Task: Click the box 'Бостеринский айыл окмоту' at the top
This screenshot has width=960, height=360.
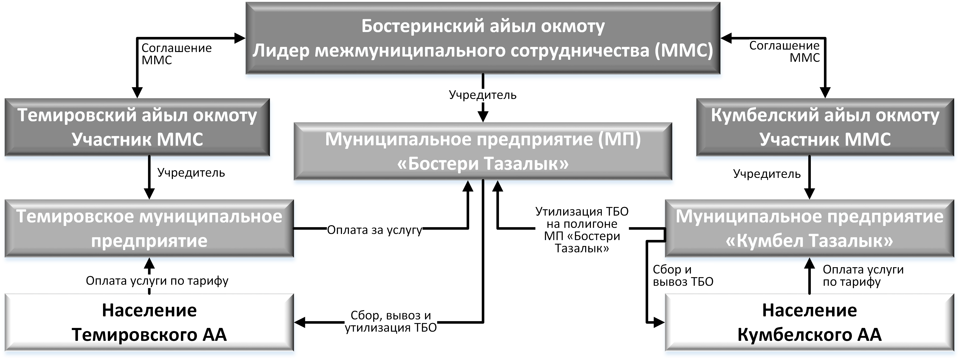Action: coord(483,38)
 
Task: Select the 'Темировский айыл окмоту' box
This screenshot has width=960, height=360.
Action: coord(137,127)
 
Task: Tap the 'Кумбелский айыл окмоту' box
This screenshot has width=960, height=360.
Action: coord(825,127)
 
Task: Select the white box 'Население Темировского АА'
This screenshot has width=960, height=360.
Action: coord(149,322)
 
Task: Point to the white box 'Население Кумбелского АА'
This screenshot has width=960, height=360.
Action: coord(809,322)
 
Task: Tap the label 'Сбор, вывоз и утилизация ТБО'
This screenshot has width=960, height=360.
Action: coord(391,322)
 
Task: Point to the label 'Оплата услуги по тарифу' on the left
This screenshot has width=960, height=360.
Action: coord(157,281)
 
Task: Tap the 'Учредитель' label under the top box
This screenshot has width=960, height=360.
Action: coord(483,95)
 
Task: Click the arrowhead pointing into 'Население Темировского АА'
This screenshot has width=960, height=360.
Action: coord(300,322)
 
